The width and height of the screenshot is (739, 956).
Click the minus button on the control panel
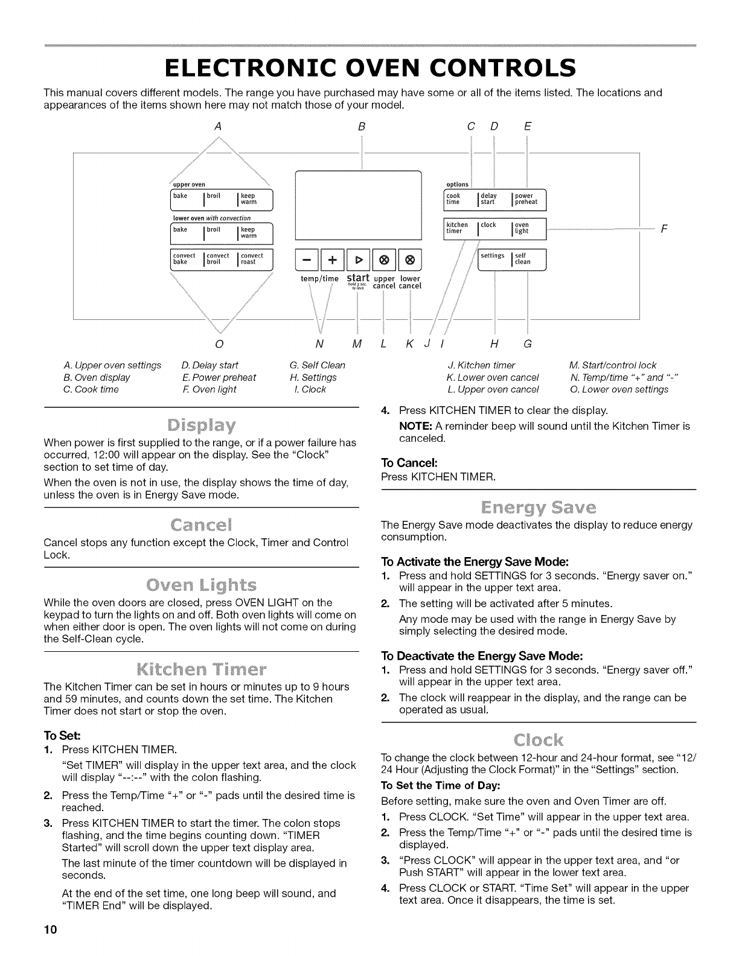coord(306,261)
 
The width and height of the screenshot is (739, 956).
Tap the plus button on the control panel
coord(331,261)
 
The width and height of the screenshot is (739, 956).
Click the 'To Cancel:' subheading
coord(404,463)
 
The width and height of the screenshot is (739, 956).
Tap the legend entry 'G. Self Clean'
coord(318,365)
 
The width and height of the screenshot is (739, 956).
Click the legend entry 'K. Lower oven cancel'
coord(492,377)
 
